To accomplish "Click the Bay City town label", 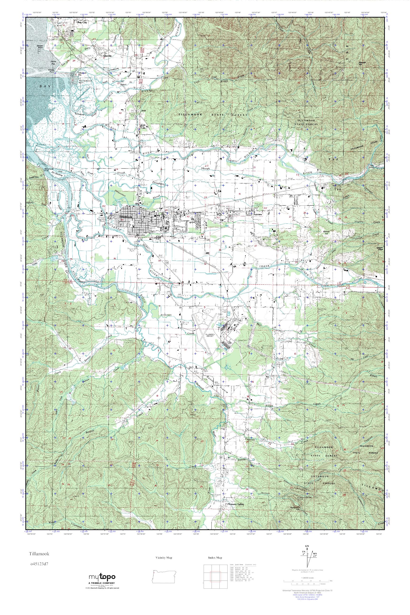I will point(81,23).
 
